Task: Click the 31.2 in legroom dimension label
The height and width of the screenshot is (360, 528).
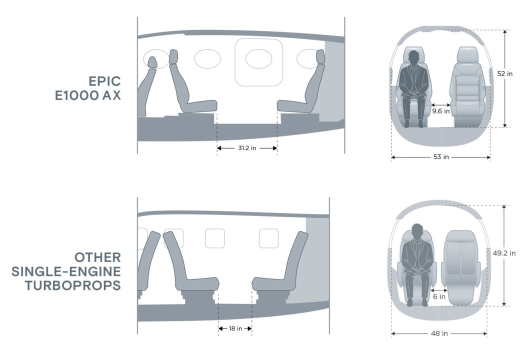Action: (x=247, y=148)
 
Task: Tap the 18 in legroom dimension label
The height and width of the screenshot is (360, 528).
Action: (x=235, y=328)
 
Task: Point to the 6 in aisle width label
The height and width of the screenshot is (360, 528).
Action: (x=439, y=297)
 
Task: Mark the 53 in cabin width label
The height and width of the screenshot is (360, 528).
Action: (x=440, y=157)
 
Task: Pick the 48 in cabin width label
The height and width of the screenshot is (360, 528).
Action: (x=438, y=333)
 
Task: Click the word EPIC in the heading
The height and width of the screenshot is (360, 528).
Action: (x=104, y=81)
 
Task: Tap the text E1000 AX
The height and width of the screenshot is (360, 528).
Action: (x=88, y=95)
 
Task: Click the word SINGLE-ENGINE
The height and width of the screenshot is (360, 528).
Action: (x=66, y=271)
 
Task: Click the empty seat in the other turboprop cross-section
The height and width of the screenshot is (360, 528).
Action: (x=462, y=267)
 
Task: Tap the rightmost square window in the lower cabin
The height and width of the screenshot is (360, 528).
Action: (x=268, y=238)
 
